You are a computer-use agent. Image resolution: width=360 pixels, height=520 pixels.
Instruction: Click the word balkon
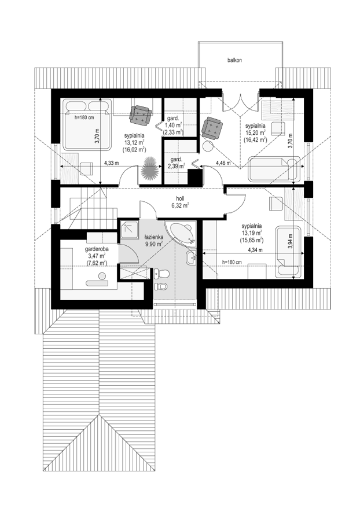point(234,60)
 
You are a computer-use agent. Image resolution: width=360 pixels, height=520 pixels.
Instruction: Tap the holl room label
point(180,198)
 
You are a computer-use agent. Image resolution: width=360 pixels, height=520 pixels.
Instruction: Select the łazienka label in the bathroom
point(153,238)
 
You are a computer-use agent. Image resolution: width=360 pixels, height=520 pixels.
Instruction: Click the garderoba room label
point(97,249)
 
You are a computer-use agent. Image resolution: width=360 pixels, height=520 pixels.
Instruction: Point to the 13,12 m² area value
point(134,143)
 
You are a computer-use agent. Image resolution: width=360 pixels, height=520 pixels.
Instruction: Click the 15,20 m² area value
point(255,132)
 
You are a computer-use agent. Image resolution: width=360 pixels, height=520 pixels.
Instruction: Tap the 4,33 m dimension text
point(111,163)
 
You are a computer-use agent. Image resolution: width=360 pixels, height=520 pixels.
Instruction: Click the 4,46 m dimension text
point(223,163)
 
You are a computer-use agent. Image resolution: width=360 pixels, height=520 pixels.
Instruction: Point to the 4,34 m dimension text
point(255,250)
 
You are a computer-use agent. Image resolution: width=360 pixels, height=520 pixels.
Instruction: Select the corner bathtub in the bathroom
point(182,234)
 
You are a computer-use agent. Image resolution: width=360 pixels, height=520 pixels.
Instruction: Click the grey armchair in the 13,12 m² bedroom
point(141,115)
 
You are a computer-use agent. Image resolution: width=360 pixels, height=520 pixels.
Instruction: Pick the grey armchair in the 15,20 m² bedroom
point(212,128)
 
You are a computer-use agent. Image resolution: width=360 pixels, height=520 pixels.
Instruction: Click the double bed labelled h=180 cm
point(86,126)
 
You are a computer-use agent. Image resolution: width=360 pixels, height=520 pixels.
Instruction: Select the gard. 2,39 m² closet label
point(174,163)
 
